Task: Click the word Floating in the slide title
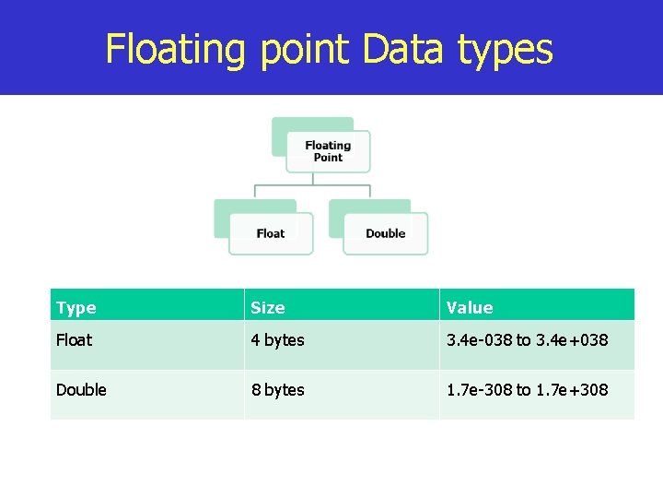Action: pos(175,49)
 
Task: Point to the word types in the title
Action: pos(506,51)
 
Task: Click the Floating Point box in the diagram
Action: pos(328,151)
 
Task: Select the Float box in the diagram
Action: pos(271,233)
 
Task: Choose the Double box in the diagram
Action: pos(385,233)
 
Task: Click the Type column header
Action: pos(76,307)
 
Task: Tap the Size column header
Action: pos(268,307)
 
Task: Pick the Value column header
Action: pos(469,307)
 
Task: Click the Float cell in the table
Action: pos(74,340)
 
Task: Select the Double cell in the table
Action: pos(81,390)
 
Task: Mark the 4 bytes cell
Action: pos(277,340)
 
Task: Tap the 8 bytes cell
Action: pos(277,390)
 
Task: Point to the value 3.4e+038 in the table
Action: pos(572,340)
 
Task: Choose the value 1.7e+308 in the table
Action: pos(572,390)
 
